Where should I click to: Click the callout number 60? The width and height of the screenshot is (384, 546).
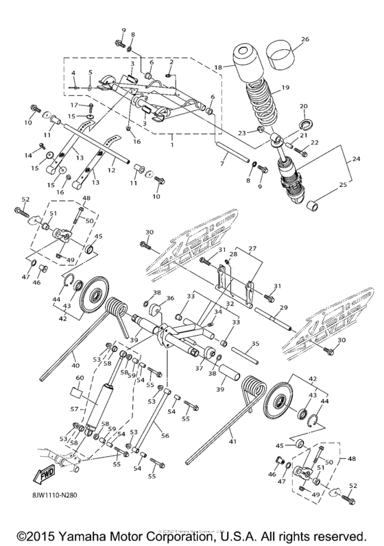(78, 378)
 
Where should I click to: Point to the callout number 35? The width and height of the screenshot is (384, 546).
(254, 344)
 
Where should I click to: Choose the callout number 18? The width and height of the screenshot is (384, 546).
(219, 68)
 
